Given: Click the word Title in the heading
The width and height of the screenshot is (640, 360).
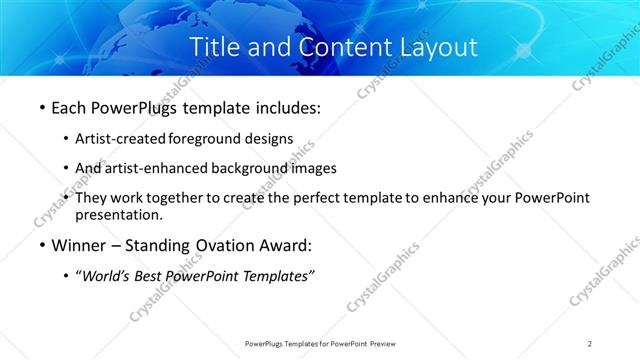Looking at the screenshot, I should pyautogui.click(x=214, y=47).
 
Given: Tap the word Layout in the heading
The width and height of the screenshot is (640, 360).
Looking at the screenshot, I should pyautogui.click(x=434, y=47).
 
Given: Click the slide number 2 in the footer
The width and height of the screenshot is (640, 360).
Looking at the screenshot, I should pyautogui.click(x=590, y=344).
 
